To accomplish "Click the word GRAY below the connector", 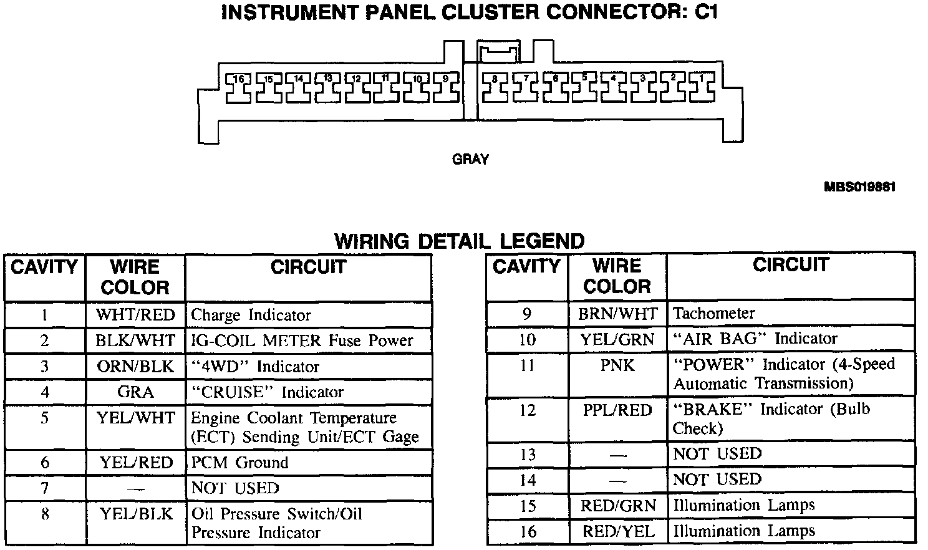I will [x=470, y=160].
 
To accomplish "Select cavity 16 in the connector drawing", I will [x=238, y=89].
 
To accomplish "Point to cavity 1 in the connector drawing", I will [x=701, y=89].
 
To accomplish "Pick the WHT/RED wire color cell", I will [x=135, y=315].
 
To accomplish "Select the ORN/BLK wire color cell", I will [x=135, y=366].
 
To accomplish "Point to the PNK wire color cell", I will [x=617, y=365].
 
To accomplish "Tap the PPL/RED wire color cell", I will [x=617, y=410].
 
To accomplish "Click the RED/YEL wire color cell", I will [x=617, y=531].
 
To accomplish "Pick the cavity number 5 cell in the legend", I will [x=44, y=418].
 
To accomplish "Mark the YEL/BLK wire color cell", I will [x=135, y=514].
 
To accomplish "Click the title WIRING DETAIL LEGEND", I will [x=460, y=241].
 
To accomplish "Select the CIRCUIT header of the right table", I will [x=790, y=264].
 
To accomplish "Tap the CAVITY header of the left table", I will [x=44, y=267].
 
